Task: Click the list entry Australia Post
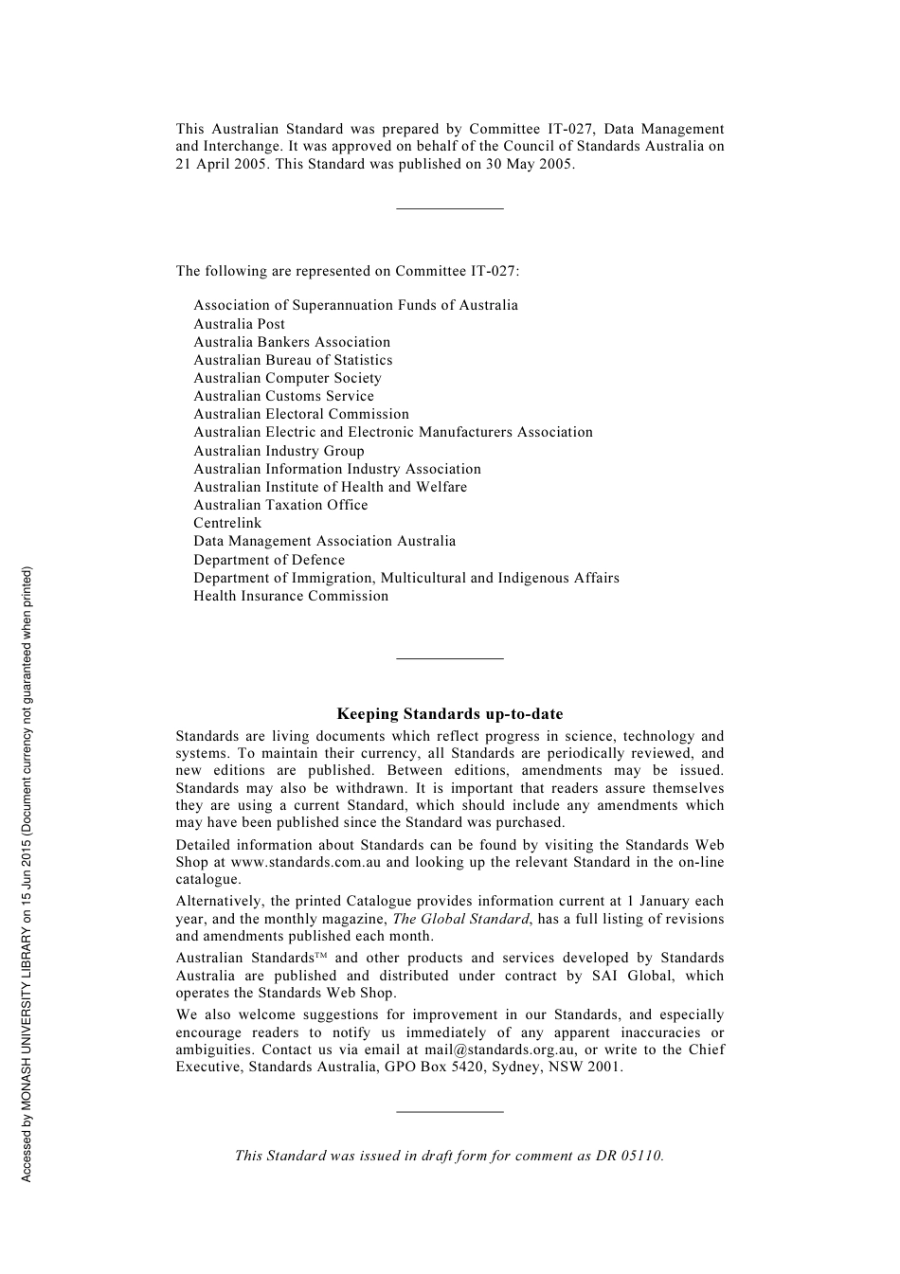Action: pyautogui.click(x=239, y=324)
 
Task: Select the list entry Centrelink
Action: pyautogui.click(x=227, y=523)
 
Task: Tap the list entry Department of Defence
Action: pyautogui.click(x=269, y=560)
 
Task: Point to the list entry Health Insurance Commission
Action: pyautogui.click(x=291, y=596)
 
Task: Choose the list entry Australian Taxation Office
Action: pyautogui.click(x=280, y=505)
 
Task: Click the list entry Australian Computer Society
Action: pyautogui.click(x=287, y=378)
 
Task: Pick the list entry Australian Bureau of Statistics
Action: pyautogui.click(x=293, y=360)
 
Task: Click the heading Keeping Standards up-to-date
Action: pyautogui.click(x=449, y=714)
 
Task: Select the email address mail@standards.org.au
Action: pyautogui.click(x=501, y=1050)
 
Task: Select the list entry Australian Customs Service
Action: pyautogui.click(x=283, y=396)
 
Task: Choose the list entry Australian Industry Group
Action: pyautogui.click(x=279, y=451)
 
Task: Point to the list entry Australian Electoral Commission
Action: pyautogui.click(x=301, y=414)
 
